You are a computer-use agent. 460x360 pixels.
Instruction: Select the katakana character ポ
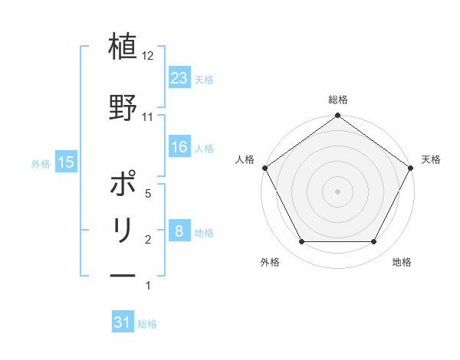pos(123,185)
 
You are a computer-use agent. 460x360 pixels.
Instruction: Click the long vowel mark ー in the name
pos(123,275)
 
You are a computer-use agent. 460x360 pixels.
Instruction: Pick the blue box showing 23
pos(179,77)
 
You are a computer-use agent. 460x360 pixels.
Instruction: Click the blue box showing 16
pos(179,147)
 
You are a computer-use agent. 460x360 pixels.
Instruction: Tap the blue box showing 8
pos(179,231)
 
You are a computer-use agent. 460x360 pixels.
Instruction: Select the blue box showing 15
pos(66,162)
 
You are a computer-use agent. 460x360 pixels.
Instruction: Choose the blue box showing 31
pos(123,322)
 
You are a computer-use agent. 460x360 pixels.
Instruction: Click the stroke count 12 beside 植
pos(149,56)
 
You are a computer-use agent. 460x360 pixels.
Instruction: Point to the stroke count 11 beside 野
pos(149,117)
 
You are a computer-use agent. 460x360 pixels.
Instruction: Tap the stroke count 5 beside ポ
pos(149,195)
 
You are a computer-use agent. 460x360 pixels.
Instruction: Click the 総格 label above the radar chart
pos(338,100)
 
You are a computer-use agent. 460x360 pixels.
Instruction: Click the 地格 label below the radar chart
pos(402,262)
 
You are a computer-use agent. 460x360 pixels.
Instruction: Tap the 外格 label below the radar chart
pos(270,262)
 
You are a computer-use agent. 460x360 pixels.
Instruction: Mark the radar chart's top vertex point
pos(338,116)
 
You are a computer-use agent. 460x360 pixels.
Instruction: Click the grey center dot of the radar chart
pos(338,191)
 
